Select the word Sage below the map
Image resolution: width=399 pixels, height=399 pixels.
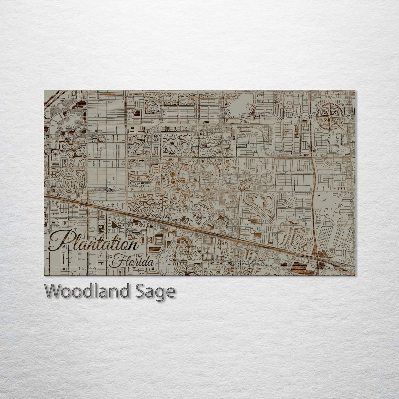click(160, 292)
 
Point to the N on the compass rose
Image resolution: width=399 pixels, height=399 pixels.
click(329, 97)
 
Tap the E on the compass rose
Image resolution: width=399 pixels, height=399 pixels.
click(348, 117)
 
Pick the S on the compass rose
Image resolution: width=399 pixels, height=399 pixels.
click(329, 136)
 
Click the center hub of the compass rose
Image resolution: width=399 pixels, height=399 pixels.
click(329, 117)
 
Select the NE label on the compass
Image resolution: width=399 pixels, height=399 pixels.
click(342, 104)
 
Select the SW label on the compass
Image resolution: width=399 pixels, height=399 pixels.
click(317, 130)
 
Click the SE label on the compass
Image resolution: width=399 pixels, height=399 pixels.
click(342, 130)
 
